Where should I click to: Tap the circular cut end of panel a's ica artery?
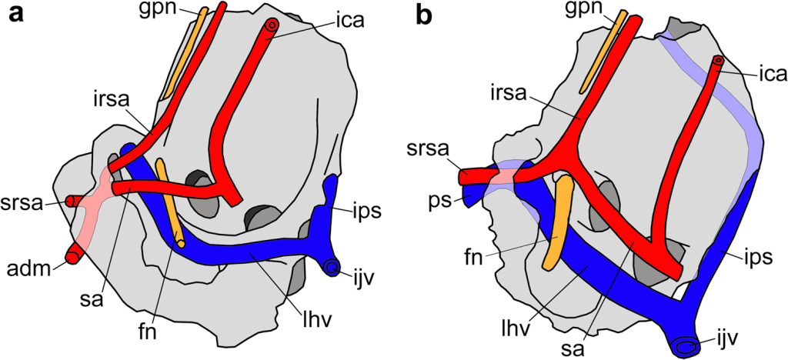(x=272, y=25)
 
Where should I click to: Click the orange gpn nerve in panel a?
(x=185, y=54)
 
